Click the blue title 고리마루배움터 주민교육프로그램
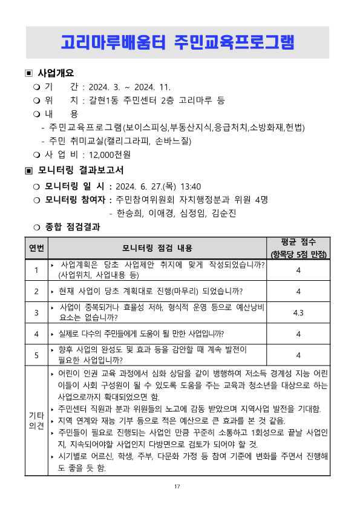(x=177, y=42)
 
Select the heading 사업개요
(x=56, y=73)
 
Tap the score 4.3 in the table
(x=298, y=312)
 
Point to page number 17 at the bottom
(x=177, y=487)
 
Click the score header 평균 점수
(x=298, y=241)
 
